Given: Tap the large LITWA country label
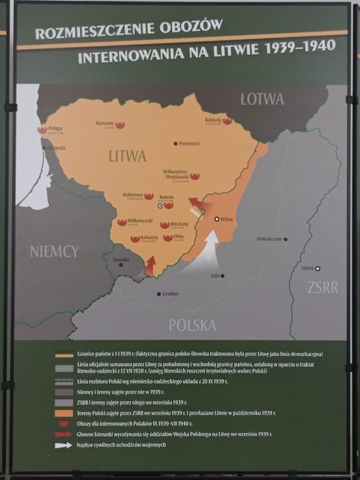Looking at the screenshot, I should coord(127,156).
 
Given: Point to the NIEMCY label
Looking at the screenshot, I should coord(54,251).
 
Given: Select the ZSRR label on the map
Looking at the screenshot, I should coord(322,287).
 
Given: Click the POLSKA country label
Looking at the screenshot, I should coord(192,324).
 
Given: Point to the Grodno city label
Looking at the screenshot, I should coord(170,293).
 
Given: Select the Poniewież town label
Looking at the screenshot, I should coord(189,144).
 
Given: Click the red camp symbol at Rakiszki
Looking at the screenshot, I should coord(228,121).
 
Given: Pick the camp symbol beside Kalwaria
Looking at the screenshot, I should coord(135,239).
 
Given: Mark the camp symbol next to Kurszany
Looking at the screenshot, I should coord(120,125).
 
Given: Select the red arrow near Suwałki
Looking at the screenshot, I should coord(150,265).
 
